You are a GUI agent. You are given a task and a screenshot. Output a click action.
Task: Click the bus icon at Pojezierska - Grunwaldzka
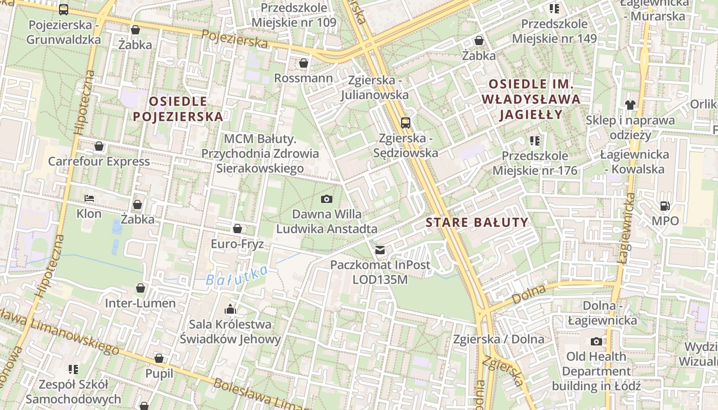click(64, 9)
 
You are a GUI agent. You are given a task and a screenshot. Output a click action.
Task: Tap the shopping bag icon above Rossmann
click(304, 63)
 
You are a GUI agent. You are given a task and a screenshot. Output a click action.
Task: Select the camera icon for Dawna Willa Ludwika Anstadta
click(326, 199)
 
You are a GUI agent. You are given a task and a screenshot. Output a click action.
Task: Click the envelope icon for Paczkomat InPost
click(380, 250)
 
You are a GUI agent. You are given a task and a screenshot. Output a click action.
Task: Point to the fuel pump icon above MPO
click(665, 206)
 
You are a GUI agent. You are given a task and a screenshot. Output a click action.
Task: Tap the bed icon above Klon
click(89, 198)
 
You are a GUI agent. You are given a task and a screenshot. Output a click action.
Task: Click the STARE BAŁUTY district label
click(476, 222)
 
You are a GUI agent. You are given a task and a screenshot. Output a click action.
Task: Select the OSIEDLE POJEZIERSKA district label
click(178, 109)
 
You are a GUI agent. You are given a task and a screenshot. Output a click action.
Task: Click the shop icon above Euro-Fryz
click(237, 229)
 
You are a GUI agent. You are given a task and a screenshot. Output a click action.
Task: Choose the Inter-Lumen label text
click(140, 303)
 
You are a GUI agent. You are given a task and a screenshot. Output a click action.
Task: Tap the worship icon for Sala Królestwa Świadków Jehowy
click(230, 309)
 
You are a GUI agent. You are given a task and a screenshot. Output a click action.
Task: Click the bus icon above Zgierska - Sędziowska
click(405, 122)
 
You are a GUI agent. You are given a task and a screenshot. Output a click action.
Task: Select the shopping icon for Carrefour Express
click(99, 147)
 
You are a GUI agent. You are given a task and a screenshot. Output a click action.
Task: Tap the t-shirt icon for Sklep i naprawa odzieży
click(630, 105)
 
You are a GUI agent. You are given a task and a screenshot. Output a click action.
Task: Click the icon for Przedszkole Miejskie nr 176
click(535, 140)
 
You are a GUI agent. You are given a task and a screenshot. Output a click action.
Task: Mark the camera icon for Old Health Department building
click(596, 341)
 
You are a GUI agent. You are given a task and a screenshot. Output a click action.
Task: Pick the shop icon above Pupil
click(159, 358)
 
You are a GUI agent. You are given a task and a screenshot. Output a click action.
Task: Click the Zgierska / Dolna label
click(498, 339)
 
